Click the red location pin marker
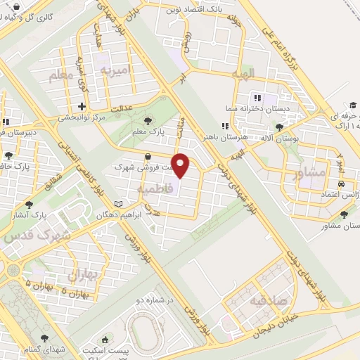tap(181, 166)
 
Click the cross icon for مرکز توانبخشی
tap(82, 107)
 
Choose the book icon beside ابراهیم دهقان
tap(118, 204)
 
